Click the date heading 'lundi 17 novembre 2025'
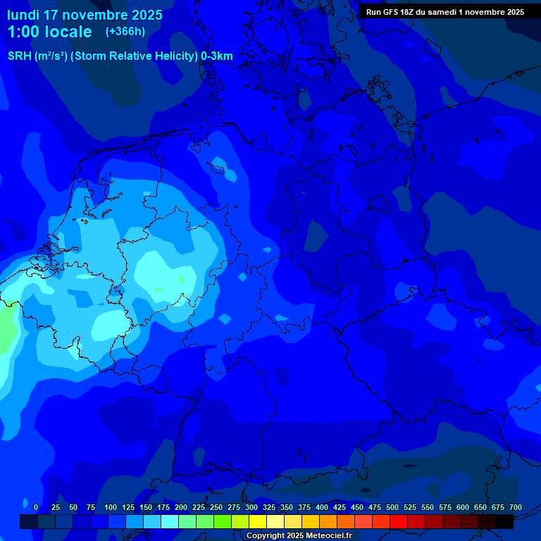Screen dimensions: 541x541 point(85,15)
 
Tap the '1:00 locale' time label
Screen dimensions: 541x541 point(49,32)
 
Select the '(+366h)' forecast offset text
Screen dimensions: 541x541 point(125,32)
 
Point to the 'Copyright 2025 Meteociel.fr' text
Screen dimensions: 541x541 point(299,536)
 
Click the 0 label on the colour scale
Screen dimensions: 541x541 point(36,507)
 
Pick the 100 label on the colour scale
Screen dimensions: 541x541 point(111,507)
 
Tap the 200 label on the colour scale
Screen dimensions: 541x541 point(181,507)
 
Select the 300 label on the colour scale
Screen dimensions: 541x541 point(251,507)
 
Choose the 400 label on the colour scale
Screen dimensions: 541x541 point(322,507)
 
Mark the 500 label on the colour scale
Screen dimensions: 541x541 point(392,507)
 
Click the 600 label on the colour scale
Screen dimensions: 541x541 point(463,507)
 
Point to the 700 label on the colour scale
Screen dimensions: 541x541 point(516,507)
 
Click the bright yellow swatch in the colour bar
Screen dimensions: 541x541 point(258,521)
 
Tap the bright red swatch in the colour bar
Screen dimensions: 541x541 point(399,521)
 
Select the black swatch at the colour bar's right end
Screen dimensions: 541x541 point(504,521)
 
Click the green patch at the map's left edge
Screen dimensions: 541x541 point(6,328)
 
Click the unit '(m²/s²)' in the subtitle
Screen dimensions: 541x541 point(58,56)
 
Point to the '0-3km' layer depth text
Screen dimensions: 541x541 point(217,56)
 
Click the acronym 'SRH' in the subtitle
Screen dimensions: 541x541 point(20,56)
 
